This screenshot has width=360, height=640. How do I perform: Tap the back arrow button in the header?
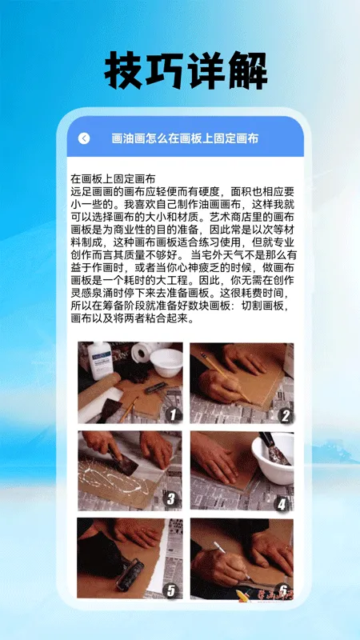pos(84,138)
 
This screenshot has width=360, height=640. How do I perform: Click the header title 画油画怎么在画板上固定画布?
pos(185,138)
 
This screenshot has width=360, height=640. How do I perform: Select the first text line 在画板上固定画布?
pos(113,178)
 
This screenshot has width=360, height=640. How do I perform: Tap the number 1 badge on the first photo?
pos(171,414)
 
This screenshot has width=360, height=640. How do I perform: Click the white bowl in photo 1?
pos(166,361)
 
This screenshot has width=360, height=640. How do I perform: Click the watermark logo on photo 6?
pos(267,593)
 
